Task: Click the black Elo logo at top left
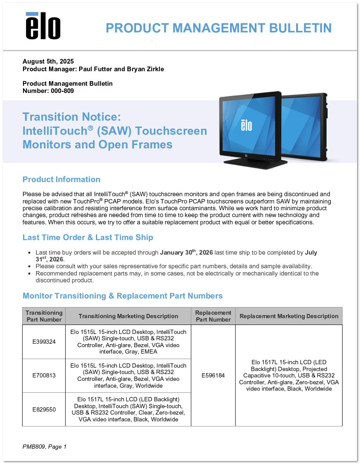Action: [43, 26]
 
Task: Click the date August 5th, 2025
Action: [48, 61]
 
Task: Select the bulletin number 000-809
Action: [62, 91]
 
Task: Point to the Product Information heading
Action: [61, 179]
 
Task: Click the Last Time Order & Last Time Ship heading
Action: [88, 237]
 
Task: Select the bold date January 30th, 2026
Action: [187, 252]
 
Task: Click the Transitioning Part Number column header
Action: [44, 316]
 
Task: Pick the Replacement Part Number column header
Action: [213, 316]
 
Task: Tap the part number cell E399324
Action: [44, 342]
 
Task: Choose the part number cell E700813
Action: [44, 376]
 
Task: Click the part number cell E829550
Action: [44, 409]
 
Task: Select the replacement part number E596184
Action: [213, 376]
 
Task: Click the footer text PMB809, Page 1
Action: [45, 447]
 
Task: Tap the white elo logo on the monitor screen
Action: [246, 125]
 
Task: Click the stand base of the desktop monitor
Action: [255, 164]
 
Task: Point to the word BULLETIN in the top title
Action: [300, 28]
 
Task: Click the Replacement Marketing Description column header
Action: [289, 316]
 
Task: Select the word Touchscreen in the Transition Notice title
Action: [171, 131]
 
